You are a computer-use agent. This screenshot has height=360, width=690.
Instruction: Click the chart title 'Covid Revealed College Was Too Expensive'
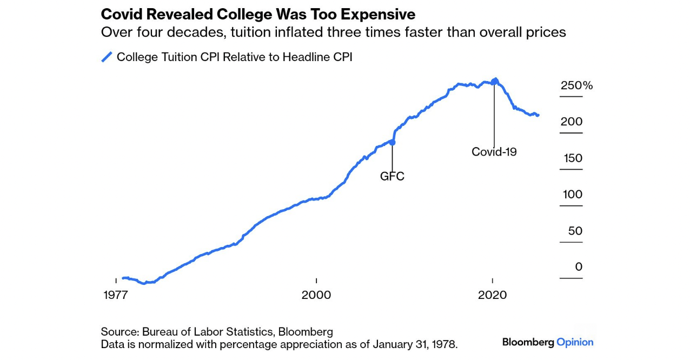[258, 14]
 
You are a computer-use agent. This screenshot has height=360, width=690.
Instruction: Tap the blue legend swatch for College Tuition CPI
[107, 57]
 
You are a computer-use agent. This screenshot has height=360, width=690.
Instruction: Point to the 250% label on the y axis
[576, 85]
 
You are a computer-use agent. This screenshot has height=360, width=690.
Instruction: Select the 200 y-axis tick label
[572, 122]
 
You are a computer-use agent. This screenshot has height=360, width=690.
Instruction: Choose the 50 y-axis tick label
[575, 231]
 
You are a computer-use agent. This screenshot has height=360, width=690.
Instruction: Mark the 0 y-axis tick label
[579, 267]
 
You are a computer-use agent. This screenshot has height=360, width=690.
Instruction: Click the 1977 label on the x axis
[116, 295]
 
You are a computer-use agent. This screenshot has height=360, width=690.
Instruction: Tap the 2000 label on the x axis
[316, 295]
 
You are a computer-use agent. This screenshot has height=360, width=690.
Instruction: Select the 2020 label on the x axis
[493, 295]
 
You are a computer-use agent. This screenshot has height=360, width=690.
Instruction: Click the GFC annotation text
[392, 176]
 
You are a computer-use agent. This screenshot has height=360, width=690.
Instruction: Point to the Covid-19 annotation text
[494, 152]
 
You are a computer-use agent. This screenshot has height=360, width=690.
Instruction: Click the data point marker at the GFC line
[393, 142]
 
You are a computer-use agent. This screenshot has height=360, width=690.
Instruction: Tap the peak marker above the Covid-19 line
[495, 81]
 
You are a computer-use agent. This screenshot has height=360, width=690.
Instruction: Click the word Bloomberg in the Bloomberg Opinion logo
[528, 342]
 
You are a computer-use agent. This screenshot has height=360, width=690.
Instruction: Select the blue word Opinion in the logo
[575, 342]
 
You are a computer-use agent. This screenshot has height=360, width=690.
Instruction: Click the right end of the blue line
[538, 115]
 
